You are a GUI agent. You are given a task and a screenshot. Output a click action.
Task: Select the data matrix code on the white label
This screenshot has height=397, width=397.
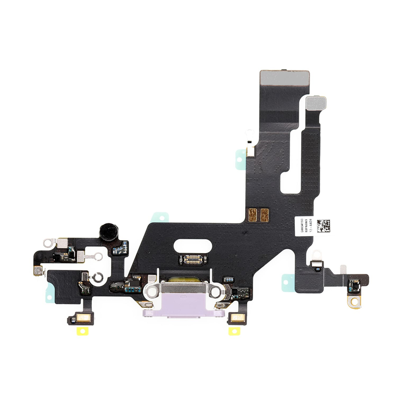(x=322, y=225)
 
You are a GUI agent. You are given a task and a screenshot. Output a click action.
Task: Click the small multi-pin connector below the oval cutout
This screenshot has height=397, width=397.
(x=196, y=258)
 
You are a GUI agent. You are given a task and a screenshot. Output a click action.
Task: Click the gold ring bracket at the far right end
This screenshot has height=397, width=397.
(x=353, y=301)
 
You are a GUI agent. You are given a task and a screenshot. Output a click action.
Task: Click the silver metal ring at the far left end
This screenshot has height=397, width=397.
(x=48, y=244)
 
